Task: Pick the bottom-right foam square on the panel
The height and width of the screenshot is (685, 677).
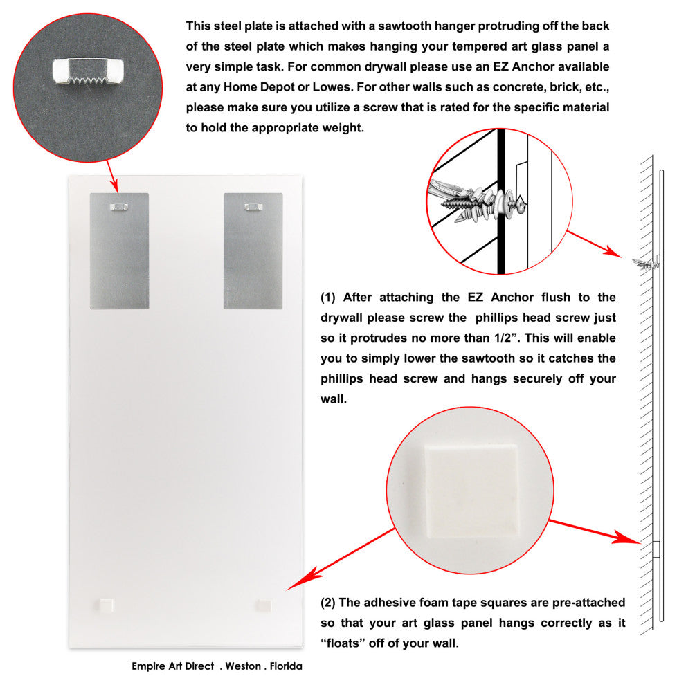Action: tap(264, 605)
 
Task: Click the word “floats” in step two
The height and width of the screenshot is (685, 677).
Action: tap(346, 643)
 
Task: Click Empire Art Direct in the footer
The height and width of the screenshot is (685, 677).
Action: tap(172, 666)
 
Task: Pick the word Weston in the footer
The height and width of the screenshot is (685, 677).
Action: tap(242, 666)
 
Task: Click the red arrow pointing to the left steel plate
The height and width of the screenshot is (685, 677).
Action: tap(112, 174)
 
